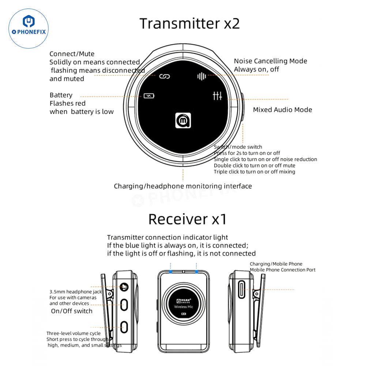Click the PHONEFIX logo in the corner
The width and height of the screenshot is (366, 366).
[28, 29]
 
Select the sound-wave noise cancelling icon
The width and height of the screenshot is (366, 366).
[201, 76]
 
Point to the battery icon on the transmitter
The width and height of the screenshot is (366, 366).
[149, 96]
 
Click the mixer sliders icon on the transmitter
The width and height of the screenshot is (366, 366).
[217, 96]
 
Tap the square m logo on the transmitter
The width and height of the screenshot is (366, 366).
[183, 120]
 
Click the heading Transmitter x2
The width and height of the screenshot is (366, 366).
[190, 23]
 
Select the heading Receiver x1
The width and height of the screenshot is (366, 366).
[187, 219]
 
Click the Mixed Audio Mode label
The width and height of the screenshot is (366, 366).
[282, 110]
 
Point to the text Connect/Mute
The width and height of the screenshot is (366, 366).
[72, 54]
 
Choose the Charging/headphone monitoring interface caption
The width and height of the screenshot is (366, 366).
[183, 186]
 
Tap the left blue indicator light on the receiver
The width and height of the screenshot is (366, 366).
[170, 271]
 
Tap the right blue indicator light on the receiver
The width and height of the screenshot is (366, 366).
[196, 271]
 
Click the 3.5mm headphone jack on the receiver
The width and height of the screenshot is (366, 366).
[124, 287]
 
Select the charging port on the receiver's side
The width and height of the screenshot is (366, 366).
[242, 290]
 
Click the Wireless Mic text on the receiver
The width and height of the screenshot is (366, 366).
[184, 307]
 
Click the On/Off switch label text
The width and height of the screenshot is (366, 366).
[72, 311]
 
